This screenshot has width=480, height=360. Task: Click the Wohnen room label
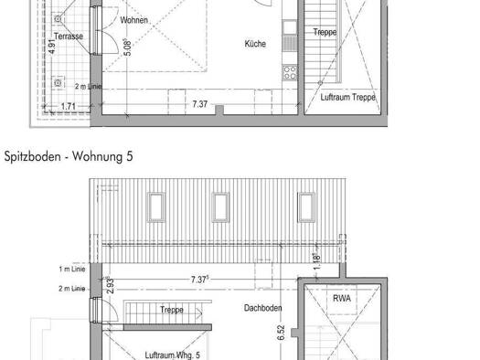click(x=134, y=20)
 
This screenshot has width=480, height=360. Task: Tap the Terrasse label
click(x=69, y=37)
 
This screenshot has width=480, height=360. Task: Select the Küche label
click(x=255, y=44)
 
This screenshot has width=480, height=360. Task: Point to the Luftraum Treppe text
click(x=348, y=97)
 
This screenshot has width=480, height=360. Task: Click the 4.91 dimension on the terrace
click(x=52, y=47)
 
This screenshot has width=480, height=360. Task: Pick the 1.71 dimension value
click(x=69, y=106)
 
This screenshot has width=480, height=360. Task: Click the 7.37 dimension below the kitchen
click(x=200, y=104)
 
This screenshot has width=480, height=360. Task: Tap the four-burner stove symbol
click(x=290, y=72)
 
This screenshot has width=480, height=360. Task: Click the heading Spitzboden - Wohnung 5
click(x=69, y=156)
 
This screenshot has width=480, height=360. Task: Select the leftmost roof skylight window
click(x=156, y=206)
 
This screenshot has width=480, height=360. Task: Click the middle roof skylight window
click(x=220, y=206)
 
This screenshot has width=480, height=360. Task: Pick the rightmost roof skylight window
click(x=306, y=206)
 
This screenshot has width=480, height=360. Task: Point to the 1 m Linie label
click(x=72, y=270)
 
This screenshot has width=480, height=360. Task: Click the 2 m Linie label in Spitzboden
click(x=72, y=289)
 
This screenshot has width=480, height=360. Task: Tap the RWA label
click(x=342, y=298)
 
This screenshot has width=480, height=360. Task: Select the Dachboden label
click(x=262, y=308)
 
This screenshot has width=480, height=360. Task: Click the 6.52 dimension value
click(x=281, y=333)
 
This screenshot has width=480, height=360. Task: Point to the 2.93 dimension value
click(x=111, y=285)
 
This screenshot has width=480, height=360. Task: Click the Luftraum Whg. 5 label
click(x=173, y=355)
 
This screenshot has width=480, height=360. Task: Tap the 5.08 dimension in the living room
click(x=128, y=48)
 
